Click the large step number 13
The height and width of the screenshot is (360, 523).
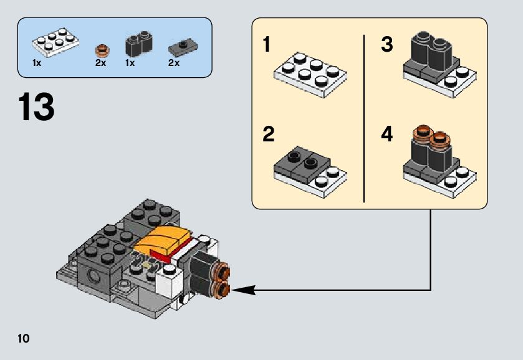tap(37, 107)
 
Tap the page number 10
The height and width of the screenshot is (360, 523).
tap(24, 338)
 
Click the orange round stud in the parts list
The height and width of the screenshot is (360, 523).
tap(100, 50)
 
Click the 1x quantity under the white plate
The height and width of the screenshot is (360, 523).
tap(36, 63)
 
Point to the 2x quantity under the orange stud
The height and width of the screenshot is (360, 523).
tap(100, 63)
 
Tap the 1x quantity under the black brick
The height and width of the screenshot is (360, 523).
tap(130, 63)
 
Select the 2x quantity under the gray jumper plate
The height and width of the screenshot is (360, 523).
tap(173, 63)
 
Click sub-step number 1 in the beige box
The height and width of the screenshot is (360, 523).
tap(267, 45)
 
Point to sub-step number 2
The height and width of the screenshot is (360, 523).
tap(268, 135)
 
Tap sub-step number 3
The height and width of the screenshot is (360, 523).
tap(387, 45)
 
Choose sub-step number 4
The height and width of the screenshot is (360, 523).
tap(387, 135)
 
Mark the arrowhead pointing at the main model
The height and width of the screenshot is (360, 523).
tap(240, 289)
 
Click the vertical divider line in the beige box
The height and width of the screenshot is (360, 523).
tap(363, 118)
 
